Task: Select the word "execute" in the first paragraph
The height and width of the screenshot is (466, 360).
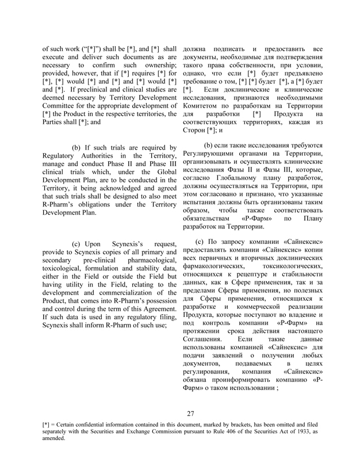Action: [56, 58]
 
